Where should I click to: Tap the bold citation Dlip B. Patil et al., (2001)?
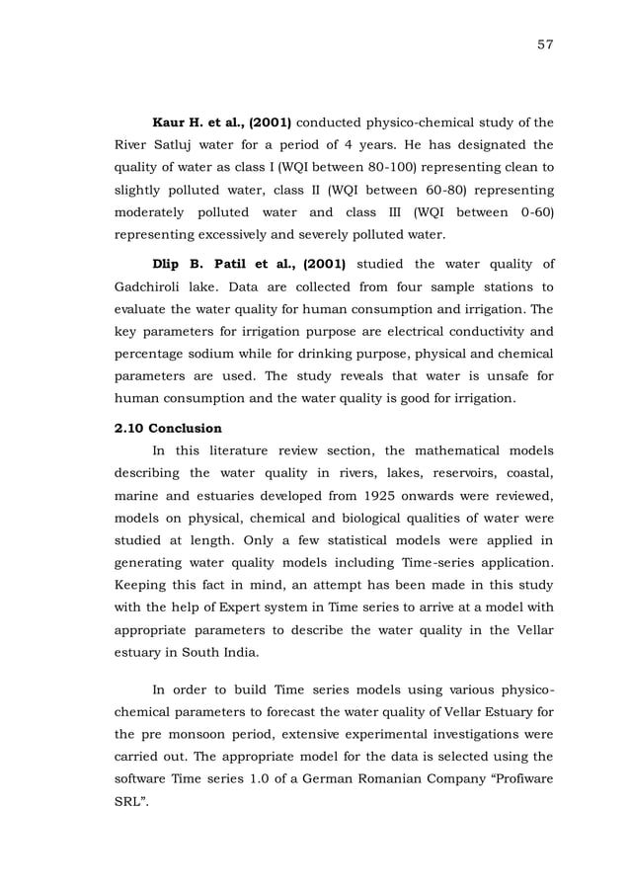(x=248, y=266)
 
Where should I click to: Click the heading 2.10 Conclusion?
(x=169, y=429)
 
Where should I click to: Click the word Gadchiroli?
(x=159, y=287)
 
